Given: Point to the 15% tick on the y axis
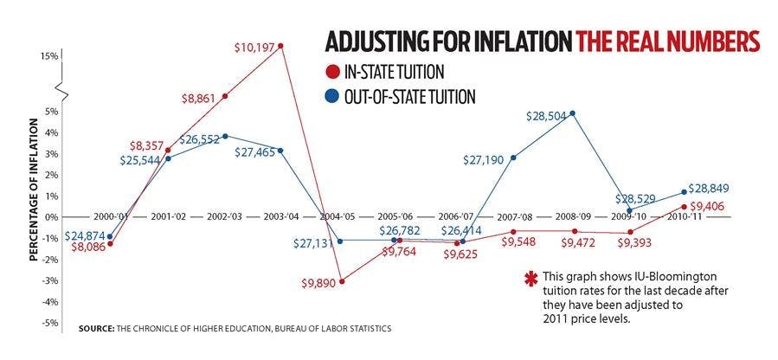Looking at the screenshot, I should pos(48,55).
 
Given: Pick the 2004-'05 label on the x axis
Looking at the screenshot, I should pos(342,217).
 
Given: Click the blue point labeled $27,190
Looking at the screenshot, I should pos(513,157).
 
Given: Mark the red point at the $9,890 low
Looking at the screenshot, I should pos(342,281).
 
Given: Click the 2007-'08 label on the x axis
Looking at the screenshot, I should pos(513,217).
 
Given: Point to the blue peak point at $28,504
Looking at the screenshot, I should pos(572,113).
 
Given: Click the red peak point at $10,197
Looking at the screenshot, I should pos(281,46).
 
